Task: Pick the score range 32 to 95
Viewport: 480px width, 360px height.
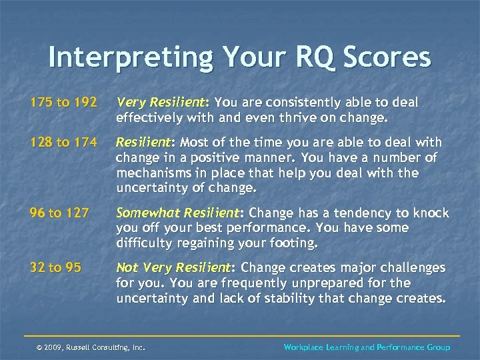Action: click(x=55, y=267)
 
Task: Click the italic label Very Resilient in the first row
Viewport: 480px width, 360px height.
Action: click(x=160, y=103)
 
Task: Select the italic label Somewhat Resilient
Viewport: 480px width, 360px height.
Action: click(x=177, y=213)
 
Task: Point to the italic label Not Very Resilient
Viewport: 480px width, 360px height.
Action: click(x=173, y=267)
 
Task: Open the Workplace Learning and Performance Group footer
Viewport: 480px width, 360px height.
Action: click(x=367, y=347)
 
